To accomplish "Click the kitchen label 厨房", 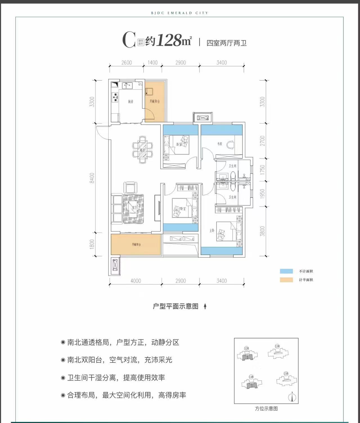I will click(x=130, y=102).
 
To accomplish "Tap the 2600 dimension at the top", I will click(x=127, y=62).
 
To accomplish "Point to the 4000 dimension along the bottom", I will click(x=136, y=281).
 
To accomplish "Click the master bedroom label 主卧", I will click(x=212, y=231).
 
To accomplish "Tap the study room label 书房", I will click(x=220, y=144).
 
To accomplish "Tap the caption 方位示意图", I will click(x=266, y=409).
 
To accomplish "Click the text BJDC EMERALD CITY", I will click(x=180, y=13).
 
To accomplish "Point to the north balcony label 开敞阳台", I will click(x=154, y=102).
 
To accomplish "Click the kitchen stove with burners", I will click(x=115, y=97).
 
